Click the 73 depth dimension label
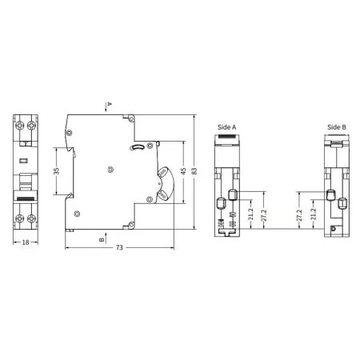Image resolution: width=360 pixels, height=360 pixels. pyautogui.click(x=118, y=249)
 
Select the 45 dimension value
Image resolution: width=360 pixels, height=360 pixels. pyautogui.click(x=183, y=171)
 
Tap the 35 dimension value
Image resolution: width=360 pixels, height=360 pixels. pyautogui.click(x=57, y=171)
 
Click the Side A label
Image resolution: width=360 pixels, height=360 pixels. pyautogui.click(x=226, y=126)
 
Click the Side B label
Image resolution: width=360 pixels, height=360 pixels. pyautogui.click(x=337, y=126)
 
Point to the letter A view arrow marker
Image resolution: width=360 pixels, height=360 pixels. pyautogui.click(x=110, y=105)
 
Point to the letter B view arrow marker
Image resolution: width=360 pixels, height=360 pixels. pyautogui.click(x=102, y=238)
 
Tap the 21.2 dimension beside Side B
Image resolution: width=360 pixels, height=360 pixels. pyautogui.click(x=313, y=214)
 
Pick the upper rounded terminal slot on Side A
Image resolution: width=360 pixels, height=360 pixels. pyautogui.click(x=233, y=194)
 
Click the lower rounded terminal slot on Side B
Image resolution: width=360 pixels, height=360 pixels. pyautogui.click(x=342, y=203)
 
